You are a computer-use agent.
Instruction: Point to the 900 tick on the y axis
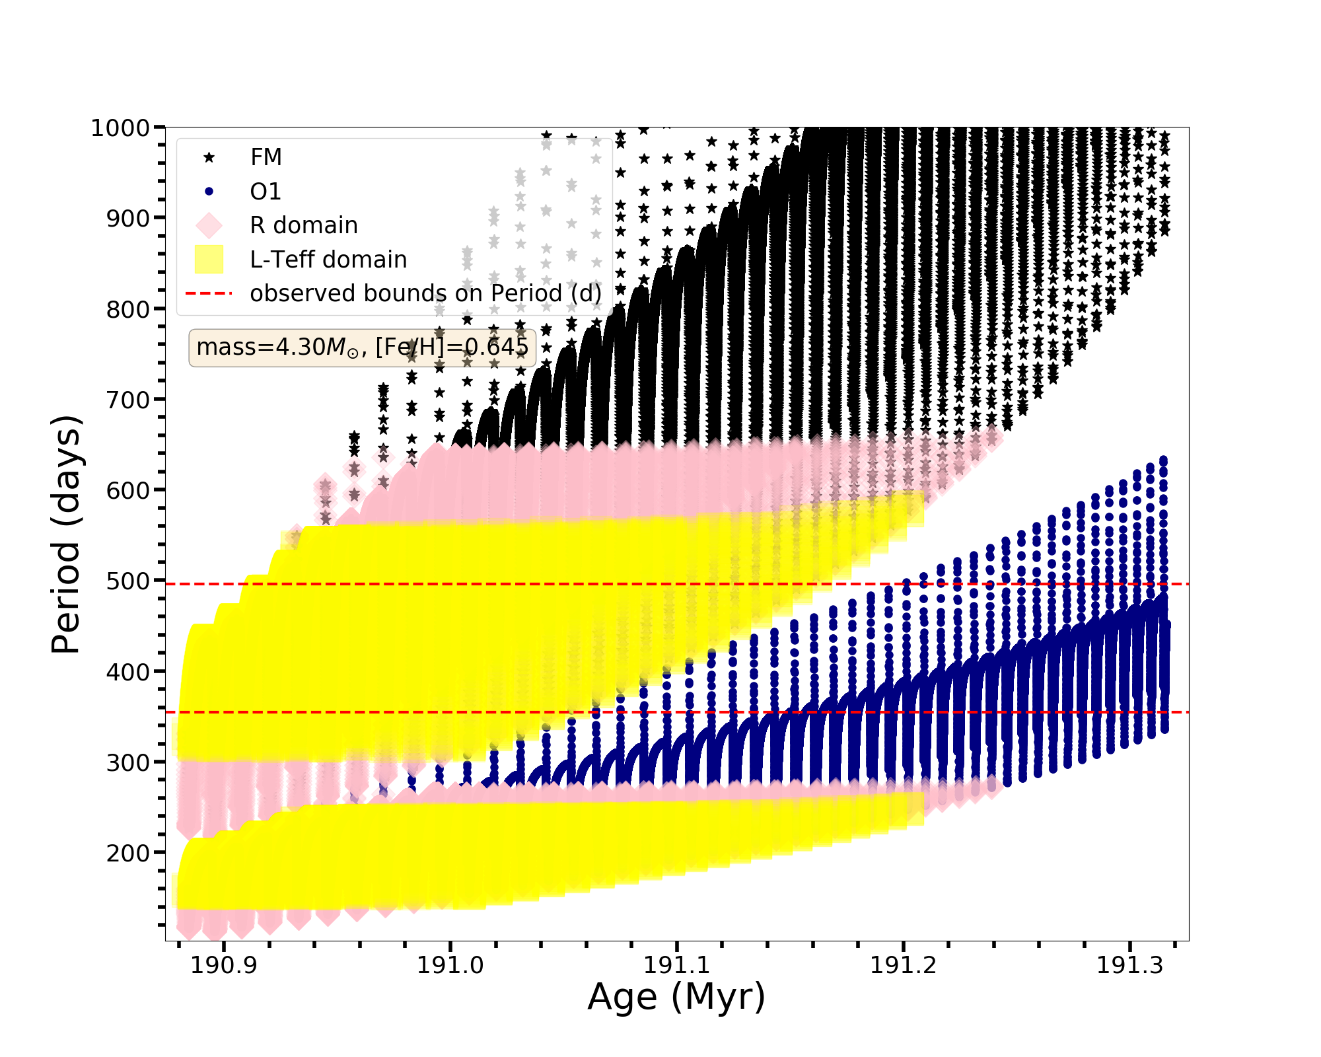click(127, 218)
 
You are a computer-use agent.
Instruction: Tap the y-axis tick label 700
click(127, 400)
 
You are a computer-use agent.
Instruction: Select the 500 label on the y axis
click(127, 581)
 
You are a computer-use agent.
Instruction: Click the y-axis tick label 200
click(127, 853)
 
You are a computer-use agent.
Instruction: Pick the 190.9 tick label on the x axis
click(223, 965)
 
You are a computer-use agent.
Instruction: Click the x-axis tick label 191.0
click(450, 965)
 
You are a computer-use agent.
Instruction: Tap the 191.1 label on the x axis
click(676, 965)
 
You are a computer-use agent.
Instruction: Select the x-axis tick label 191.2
click(903, 965)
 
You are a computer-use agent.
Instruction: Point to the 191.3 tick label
click(1129, 965)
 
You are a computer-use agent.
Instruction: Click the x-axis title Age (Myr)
click(676, 998)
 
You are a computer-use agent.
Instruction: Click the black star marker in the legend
click(209, 157)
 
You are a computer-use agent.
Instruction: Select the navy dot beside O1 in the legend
click(209, 192)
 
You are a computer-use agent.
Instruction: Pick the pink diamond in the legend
click(209, 225)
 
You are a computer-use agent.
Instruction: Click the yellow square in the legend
click(209, 260)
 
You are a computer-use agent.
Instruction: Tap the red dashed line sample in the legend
click(209, 293)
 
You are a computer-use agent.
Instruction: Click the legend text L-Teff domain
click(328, 260)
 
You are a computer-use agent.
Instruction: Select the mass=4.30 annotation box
click(362, 347)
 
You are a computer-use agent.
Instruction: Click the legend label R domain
click(304, 225)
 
